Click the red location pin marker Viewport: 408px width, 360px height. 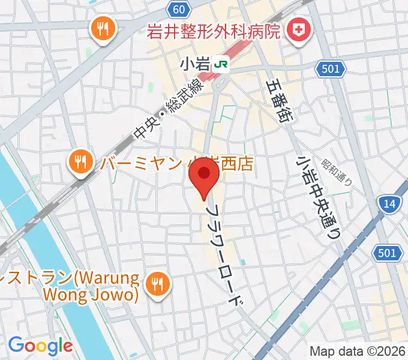(x=204, y=175)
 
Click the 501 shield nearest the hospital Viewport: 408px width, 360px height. (x=331, y=69)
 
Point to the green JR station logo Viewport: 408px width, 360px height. (x=222, y=62)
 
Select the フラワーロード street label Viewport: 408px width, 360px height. (x=227, y=256)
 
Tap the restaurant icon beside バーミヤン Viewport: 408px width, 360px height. (x=80, y=161)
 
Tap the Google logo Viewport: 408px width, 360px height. (x=40, y=346)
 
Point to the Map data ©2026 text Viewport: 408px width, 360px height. (x=357, y=351)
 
